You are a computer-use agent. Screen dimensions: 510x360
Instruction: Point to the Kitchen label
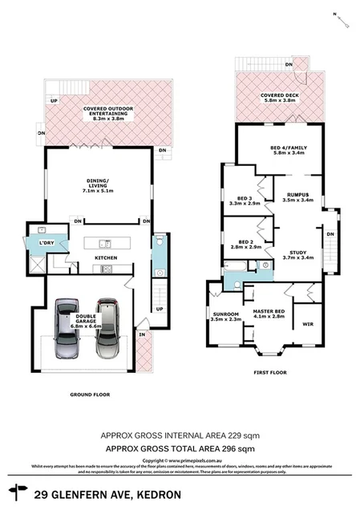(106, 257)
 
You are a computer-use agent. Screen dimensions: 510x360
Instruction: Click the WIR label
(307, 324)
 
